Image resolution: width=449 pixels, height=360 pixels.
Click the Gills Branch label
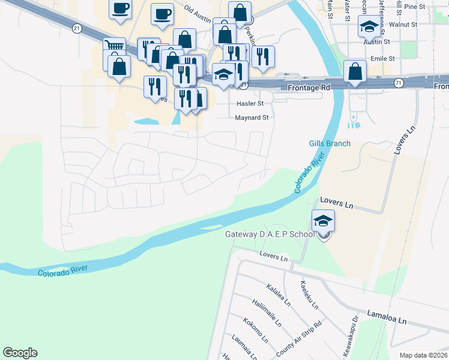tap(329, 143)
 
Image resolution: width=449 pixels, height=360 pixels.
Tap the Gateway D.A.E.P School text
tap(270, 234)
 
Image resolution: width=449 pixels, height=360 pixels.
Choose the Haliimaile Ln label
tap(267, 313)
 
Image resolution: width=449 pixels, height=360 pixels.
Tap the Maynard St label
tap(252, 118)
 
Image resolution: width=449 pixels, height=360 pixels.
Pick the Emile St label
tap(382, 59)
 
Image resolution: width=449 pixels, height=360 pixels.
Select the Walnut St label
tap(403, 25)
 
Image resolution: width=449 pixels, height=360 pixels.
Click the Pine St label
tap(414, 7)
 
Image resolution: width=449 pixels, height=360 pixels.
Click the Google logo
tap(20, 353)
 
